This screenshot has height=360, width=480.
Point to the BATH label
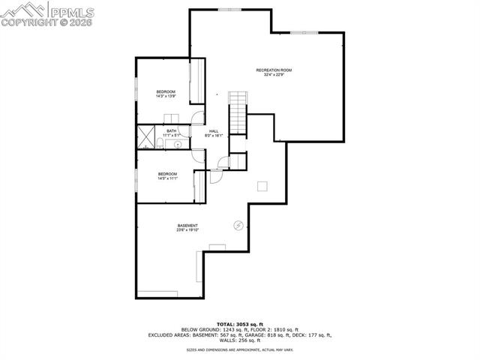(x=172, y=131)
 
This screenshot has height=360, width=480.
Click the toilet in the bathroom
(x=160, y=143)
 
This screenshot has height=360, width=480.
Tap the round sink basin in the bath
(x=178, y=143)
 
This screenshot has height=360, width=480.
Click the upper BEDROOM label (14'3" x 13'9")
(x=166, y=91)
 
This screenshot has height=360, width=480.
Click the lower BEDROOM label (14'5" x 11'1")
(x=166, y=174)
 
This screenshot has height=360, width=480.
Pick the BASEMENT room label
(x=187, y=226)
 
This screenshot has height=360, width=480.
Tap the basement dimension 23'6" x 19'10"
(x=187, y=231)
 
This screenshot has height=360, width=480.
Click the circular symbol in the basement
(x=238, y=224)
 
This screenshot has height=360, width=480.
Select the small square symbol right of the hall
(x=262, y=185)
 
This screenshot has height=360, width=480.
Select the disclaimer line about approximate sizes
(x=240, y=349)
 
